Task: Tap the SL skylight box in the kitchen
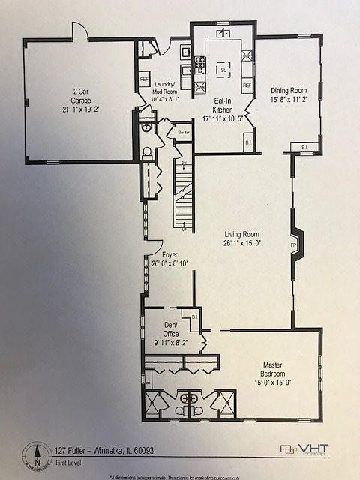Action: (x=223, y=70)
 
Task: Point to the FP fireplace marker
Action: (x=293, y=244)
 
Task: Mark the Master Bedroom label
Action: (x=276, y=369)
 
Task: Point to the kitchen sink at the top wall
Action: (x=223, y=34)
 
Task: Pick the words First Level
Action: (x=69, y=464)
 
